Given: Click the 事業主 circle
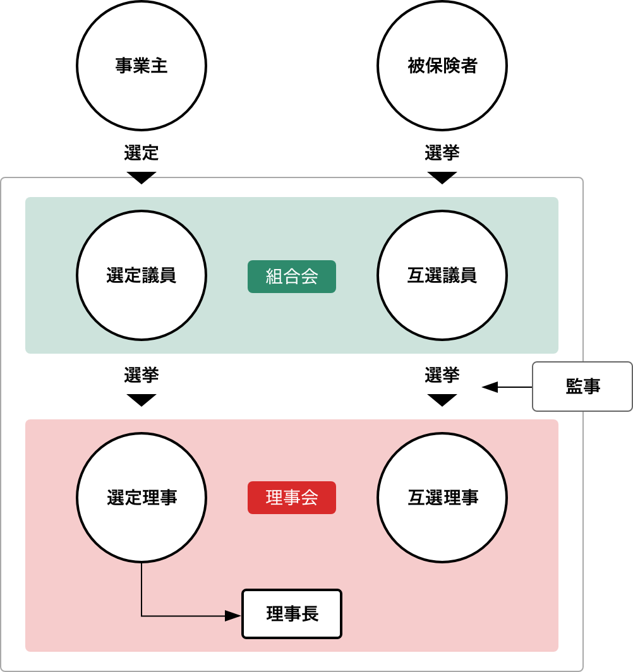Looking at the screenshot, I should point(142,66).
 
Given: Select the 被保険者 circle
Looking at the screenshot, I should point(442,66).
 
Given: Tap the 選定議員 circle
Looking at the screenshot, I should point(142,275).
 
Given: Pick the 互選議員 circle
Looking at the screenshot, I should point(442,275).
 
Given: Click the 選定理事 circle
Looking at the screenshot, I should point(142,498).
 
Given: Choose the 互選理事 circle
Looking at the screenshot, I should point(442,498).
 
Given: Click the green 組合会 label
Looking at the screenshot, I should point(292,277).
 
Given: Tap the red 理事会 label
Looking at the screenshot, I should point(292,498).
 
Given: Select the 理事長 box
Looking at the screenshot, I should point(292,614).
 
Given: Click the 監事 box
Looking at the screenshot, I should point(582,387).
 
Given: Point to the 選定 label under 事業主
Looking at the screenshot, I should point(142,153).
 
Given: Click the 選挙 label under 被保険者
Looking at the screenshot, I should point(442,153).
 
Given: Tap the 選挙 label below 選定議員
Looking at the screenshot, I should point(142,375).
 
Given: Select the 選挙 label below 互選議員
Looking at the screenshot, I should point(442,375).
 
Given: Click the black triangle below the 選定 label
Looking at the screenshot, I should point(142,177).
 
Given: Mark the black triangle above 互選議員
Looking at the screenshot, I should point(442,177).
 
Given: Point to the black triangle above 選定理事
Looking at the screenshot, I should point(142,399).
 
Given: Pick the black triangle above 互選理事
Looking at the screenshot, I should point(442,399).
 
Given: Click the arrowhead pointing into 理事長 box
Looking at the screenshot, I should point(234,616).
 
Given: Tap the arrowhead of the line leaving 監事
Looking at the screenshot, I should point(490,387).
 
